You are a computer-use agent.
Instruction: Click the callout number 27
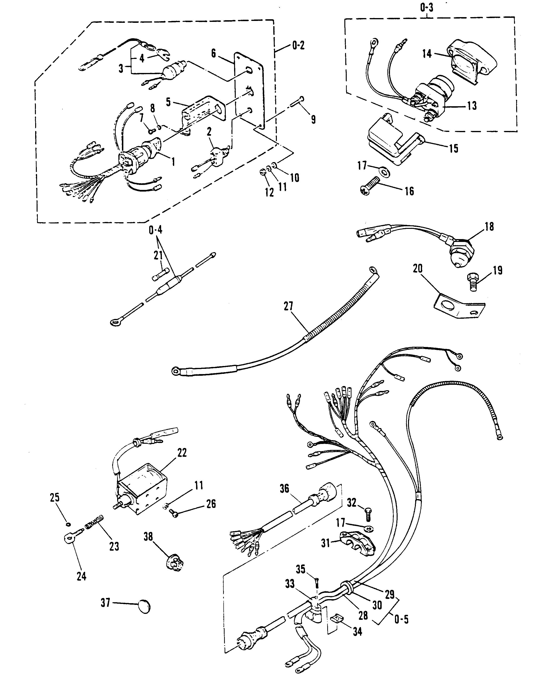pyautogui.click(x=288, y=306)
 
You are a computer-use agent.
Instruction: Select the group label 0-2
pyautogui.click(x=298, y=46)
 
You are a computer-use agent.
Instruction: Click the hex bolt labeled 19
pyautogui.click(x=474, y=281)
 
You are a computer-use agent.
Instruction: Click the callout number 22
pyautogui.click(x=182, y=453)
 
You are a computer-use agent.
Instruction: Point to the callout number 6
pyautogui.click(x=213, y=53)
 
